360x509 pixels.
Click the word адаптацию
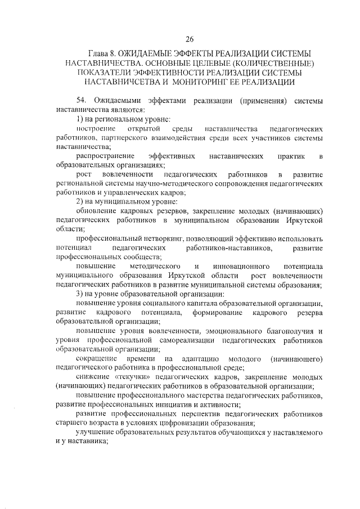click(x=201, y=358)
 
